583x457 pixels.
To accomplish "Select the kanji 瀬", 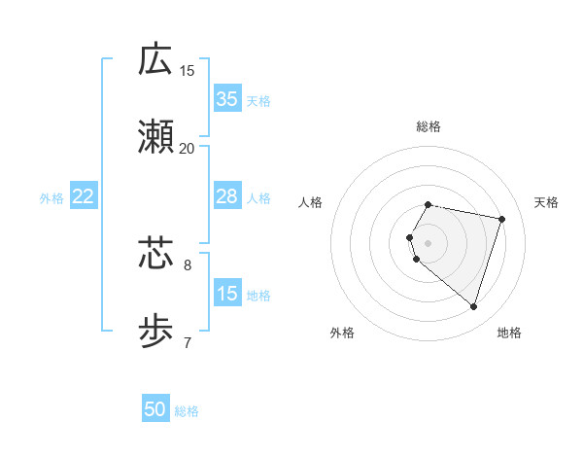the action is point(155,137).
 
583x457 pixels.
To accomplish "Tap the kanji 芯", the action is point(155,254).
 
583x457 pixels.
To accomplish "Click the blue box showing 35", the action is point(226,98).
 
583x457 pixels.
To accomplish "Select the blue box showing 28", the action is point(226,196).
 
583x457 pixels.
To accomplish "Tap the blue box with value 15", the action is point(226,294).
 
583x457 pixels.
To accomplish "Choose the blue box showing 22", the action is point(83,196).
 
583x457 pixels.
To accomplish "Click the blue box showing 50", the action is point(155,409).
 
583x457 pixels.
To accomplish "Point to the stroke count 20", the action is point(187,149).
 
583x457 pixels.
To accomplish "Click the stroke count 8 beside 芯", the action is point(188,264).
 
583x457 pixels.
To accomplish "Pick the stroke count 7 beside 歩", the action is point(188,342).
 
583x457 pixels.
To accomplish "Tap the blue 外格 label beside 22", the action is point(51,197).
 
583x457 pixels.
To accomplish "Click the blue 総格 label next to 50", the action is point(187,411).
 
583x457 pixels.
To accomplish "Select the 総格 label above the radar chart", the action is point(429,126).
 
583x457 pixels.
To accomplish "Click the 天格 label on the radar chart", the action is point(546,202).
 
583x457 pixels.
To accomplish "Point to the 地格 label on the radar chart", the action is point(509,333).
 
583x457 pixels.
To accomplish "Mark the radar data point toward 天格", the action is point(501,219).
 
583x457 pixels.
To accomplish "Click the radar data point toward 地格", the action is point(473,307).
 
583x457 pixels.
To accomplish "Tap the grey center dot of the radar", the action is point(429,242).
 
